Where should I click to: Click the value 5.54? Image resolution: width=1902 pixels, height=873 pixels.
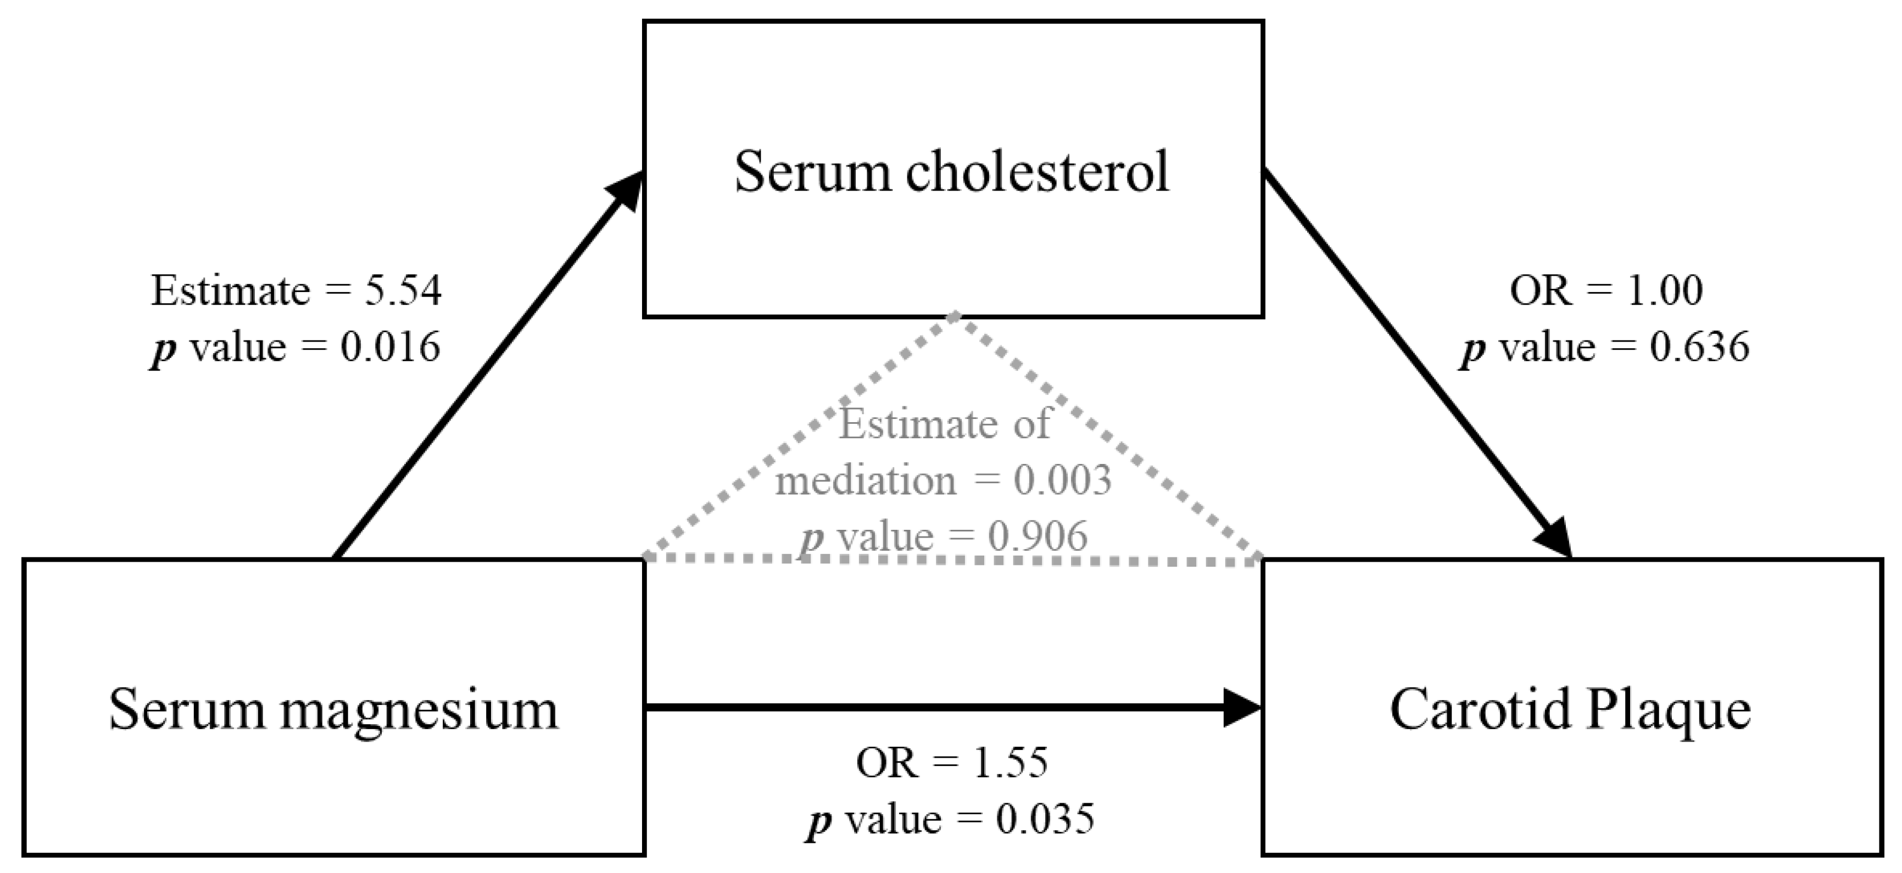click(403, 291)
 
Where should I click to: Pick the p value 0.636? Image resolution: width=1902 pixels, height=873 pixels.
click(1699, 347)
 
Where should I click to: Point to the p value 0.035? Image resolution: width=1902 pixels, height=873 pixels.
click(1045, 819)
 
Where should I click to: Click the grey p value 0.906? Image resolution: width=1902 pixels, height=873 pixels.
click(1038, 536)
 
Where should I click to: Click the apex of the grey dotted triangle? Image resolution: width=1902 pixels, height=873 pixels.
click(955, 317)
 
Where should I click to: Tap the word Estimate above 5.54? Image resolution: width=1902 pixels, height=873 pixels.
click(230, 291)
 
